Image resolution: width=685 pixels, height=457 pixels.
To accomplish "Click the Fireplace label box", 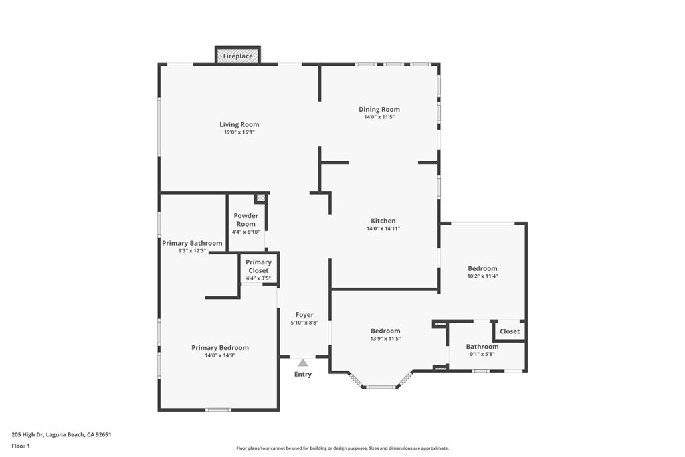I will (x=237, y=56).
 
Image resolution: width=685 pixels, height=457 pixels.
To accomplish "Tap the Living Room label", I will (x=239, y=124).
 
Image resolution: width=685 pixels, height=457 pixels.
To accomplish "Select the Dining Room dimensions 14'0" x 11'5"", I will (x=379, y=118).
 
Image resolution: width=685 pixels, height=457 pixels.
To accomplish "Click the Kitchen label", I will (x=383, y=221).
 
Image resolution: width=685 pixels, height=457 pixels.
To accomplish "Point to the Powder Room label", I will (x=246, y=219).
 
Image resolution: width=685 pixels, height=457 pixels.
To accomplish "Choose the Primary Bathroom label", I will (x=192, y=243).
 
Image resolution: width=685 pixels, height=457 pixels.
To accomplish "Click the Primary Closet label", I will (x=258, y=266).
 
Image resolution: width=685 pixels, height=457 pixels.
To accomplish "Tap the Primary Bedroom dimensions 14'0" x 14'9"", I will (x=220, y=355).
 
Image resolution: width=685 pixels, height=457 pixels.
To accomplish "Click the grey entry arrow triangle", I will (x=303, y=363).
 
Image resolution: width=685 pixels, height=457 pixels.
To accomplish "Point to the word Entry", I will (x=303, y=374).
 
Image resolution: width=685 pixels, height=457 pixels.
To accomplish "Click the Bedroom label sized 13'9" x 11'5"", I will (x=385, y=331).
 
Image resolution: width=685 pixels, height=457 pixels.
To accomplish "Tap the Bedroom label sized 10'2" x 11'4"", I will (x=482, y=268).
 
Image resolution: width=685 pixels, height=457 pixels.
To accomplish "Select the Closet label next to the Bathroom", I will (x=510, y=331).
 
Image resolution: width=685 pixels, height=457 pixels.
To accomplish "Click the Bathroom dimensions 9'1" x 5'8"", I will (x=482, y=354).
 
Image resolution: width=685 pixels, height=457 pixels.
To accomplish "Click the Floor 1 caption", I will (x=21, y=446).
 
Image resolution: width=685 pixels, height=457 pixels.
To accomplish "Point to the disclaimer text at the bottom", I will (x=342, y=448).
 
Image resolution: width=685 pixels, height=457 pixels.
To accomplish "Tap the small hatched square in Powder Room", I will (x=260, y=198).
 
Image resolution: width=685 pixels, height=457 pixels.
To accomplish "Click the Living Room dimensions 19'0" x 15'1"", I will (x=239, y=132).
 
